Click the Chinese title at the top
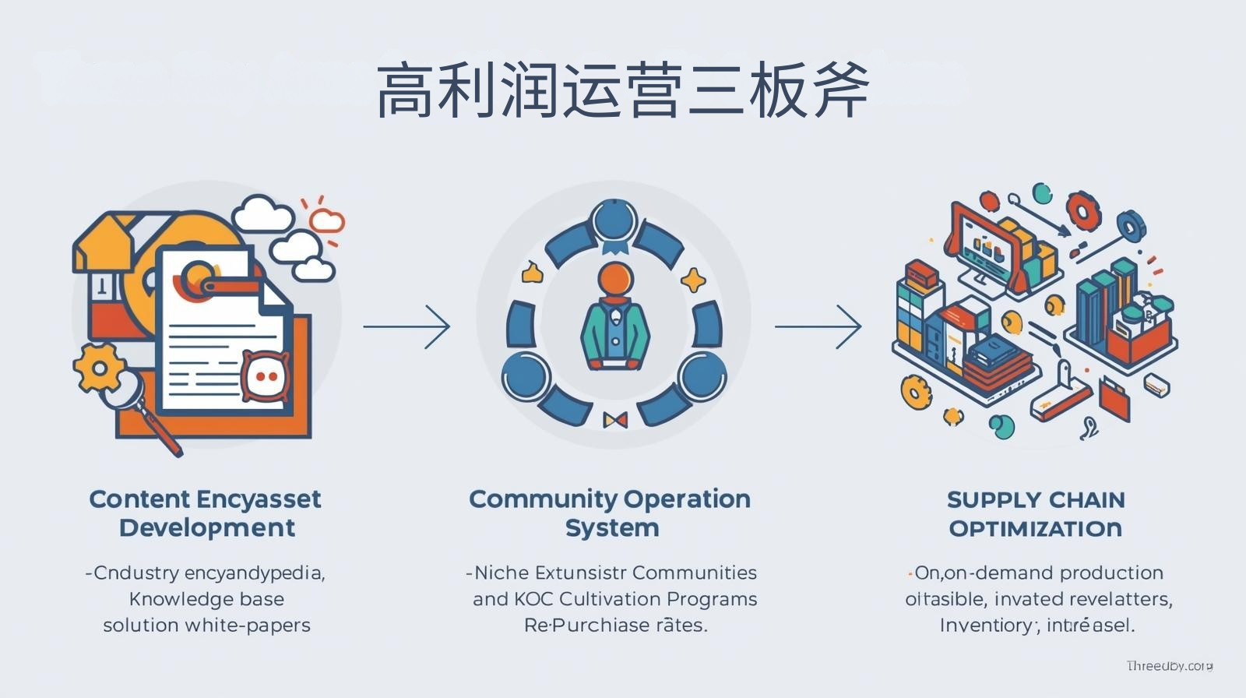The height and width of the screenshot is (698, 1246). point(622,92)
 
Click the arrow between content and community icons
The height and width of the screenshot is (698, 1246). point(407,326)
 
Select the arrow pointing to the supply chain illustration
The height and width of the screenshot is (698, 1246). point(818,326)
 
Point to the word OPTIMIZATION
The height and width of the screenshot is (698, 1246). point(1036,529)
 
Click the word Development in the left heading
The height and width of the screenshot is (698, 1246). point(207,528)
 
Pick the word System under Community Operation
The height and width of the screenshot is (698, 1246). point(612,528)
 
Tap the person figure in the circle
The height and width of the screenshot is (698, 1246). point(614,319)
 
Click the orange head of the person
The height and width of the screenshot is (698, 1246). point(615,278)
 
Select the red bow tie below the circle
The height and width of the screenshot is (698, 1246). point(615,421)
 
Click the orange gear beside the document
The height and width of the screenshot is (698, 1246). point(98,366)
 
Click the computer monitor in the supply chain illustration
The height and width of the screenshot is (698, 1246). point(984,248)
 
